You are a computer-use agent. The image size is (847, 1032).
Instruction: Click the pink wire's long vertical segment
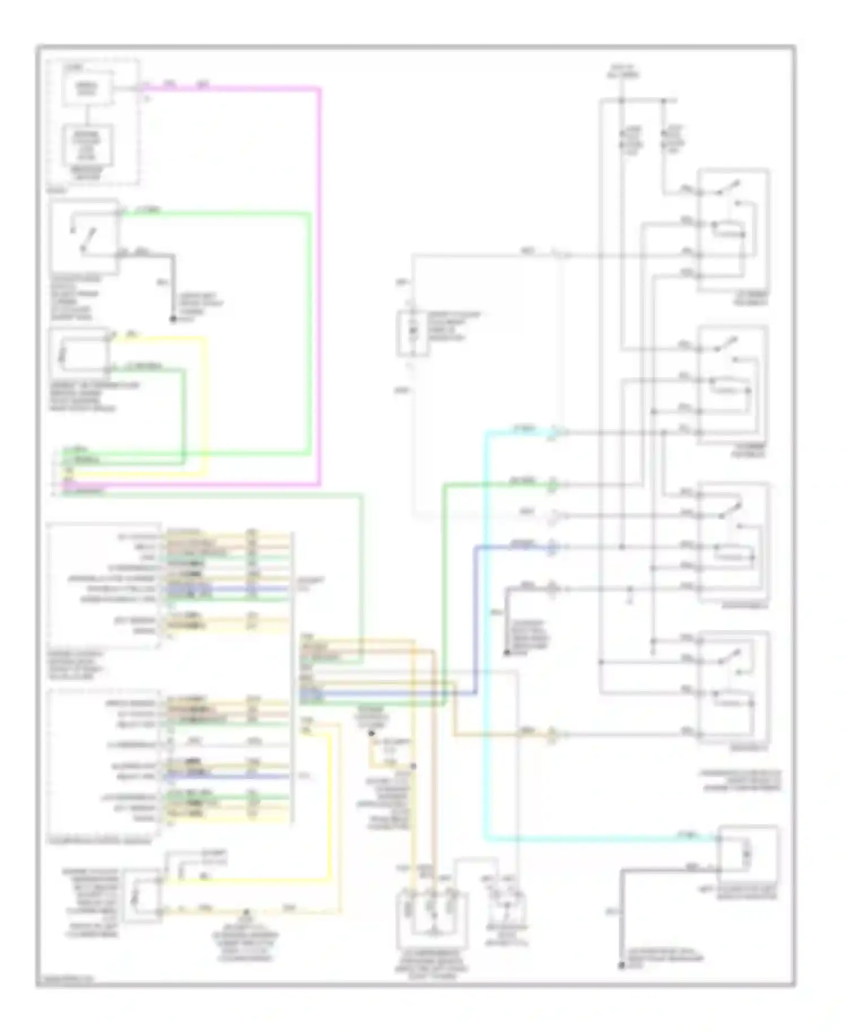(320, 282)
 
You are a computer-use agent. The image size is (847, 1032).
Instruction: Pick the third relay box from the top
(734, 542)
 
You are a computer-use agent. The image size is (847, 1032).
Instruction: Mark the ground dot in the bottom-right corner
(622, 966)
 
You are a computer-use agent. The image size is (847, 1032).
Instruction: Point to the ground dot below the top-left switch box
(173, 320)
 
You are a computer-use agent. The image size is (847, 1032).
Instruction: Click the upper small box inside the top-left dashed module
(88, 88)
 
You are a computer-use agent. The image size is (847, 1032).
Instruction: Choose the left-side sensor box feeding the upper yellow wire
(79, 353)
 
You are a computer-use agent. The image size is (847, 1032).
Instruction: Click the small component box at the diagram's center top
(412, 333)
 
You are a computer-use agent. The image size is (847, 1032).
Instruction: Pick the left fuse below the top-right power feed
(622, 138)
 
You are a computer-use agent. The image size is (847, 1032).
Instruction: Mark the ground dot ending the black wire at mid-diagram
(507, 653)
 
